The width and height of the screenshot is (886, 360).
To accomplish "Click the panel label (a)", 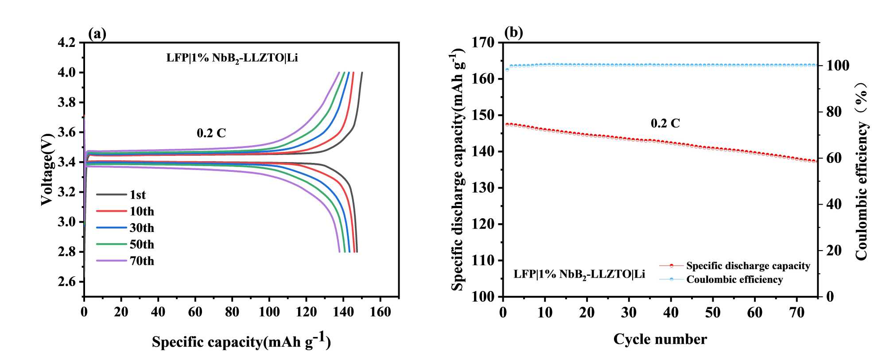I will (x=97, y=34).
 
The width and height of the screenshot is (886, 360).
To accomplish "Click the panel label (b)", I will (x=513, y=32).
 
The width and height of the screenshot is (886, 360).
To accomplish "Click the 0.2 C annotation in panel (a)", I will (x=211, y=133).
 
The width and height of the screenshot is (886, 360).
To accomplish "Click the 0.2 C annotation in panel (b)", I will (x=665, y=123).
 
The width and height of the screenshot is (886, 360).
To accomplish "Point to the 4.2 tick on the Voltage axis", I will (x=67, y=43).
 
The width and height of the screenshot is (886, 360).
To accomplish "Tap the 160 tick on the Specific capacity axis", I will (x=380, y=312).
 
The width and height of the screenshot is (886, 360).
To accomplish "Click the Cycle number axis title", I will (x=660, y=339).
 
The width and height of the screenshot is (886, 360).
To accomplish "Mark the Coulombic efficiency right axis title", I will (x=861, y=170).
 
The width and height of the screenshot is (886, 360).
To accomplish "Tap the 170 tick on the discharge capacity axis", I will (x=484, y=43).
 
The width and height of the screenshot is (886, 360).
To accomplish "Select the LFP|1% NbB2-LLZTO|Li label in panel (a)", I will (x=232, y=58).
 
